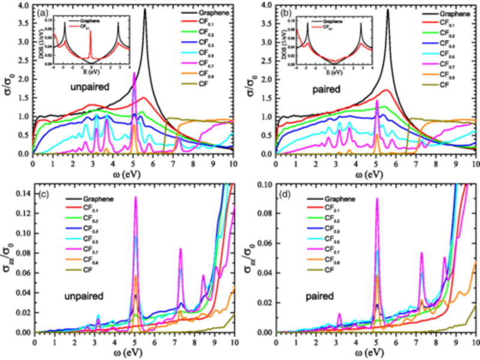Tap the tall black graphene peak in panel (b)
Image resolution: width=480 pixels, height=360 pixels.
click(x=388, y=11)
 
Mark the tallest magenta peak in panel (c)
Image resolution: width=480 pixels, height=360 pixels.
click(x=136, y=197)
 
